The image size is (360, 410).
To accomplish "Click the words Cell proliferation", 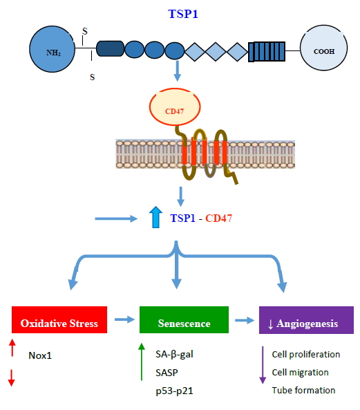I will pos(306,354).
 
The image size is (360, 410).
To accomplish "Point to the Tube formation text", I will pos(303,390).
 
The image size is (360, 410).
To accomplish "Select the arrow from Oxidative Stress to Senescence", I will pos(124,319).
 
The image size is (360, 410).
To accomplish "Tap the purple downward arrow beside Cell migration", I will pos(262,365).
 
